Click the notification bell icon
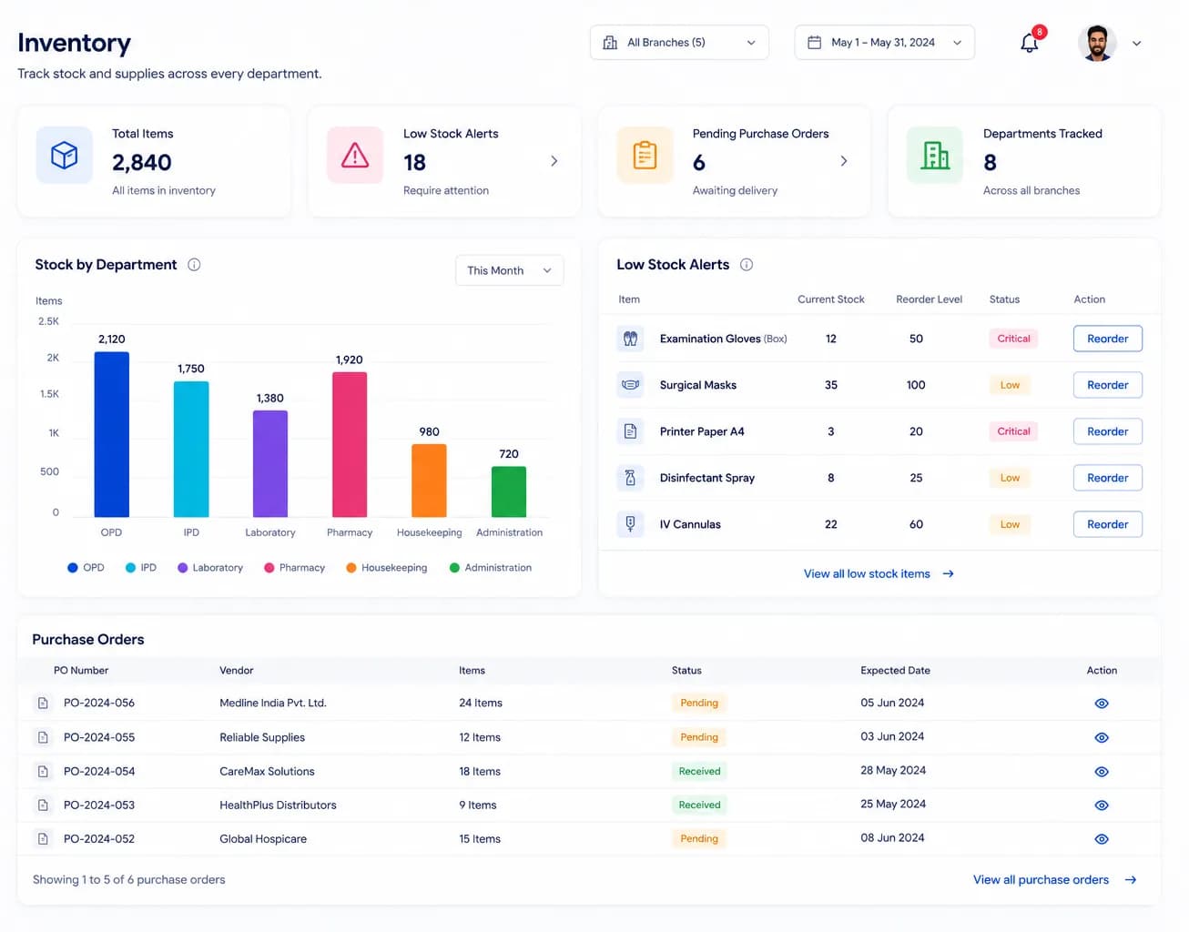point(1029,43)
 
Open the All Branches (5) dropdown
point(678,42)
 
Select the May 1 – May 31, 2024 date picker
point(884,42)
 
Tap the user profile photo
point(1096,43)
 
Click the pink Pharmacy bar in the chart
point(349,444)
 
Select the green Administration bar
point(508,491)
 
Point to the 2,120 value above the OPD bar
point(112,339)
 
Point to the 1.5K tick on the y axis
point(49,394)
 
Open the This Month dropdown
point(509,270)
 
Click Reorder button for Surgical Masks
point(1107,385)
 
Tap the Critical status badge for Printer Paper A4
point(1012,431)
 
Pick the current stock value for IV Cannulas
point(830,524)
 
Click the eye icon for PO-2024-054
point(1101,772)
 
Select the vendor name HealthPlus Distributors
point(278,805)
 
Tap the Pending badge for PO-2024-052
point(698,839)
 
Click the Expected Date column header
point(895,671)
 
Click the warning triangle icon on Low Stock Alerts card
point(354,156)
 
